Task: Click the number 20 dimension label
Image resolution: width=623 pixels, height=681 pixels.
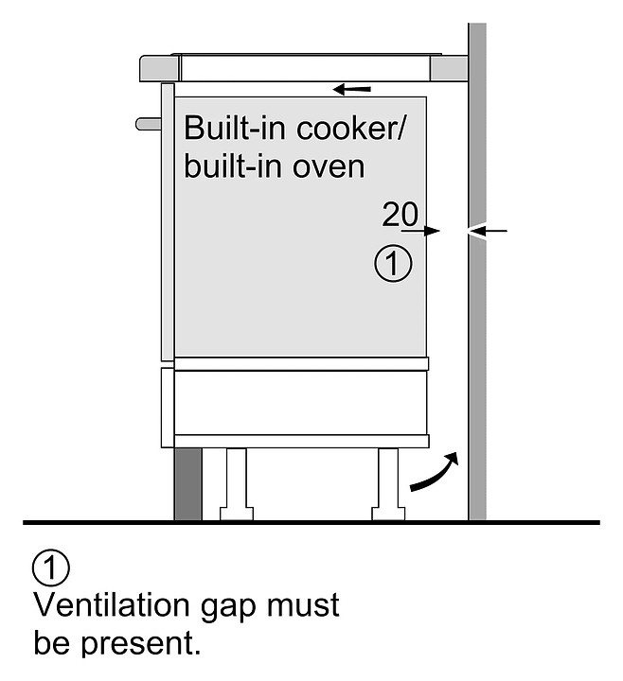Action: (400, 214)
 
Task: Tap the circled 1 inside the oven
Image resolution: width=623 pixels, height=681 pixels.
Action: (393, 264)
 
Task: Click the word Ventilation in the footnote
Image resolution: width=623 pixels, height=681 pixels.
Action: (112, 605)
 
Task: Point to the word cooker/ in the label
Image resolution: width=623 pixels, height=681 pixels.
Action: (350, 128)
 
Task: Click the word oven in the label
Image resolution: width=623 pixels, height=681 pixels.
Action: (329, 166)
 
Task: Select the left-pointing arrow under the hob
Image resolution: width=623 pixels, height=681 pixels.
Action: (351, 90)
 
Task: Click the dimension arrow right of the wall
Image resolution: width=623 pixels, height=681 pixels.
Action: (488, 231)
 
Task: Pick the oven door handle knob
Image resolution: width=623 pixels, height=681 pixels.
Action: (149, 124)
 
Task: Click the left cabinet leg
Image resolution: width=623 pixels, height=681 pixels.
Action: (237, 484)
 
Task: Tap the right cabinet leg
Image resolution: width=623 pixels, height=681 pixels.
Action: (388, 484)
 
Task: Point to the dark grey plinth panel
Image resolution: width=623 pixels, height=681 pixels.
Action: (187, 484)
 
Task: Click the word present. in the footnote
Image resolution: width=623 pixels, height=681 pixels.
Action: (140, 644)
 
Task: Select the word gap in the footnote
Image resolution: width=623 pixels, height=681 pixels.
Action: (228, 607)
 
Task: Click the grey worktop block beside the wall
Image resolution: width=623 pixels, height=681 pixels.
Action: (449, 68)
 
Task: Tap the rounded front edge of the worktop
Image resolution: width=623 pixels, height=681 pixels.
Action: (160, 68)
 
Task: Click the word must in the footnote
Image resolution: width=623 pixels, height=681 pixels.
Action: (303, 605)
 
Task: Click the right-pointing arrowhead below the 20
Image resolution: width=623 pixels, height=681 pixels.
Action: (432, 231)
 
